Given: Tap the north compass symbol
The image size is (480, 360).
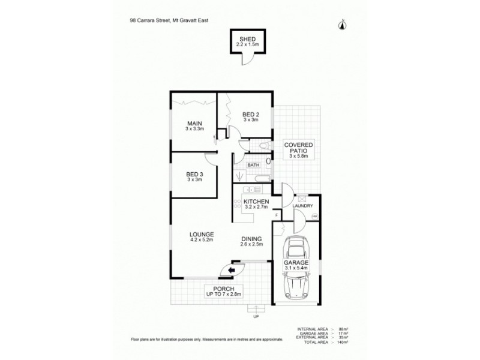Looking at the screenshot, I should tap(342, 24).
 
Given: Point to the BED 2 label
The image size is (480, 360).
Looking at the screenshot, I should tap(251, 114).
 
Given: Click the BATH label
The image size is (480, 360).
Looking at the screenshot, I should tap(254, 165).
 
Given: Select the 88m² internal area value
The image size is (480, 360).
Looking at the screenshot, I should tap(344, 329).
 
